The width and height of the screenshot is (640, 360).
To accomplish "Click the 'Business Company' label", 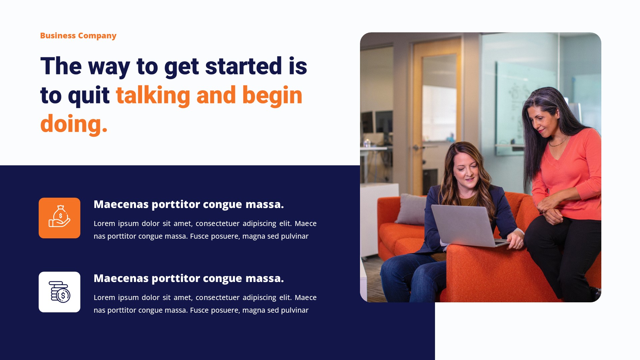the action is click(78, 36).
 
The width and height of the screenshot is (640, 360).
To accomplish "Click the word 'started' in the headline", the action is click(244, 66).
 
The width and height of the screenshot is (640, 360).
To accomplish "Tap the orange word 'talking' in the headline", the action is click(153, 95).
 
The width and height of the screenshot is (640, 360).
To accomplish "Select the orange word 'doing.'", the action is click(74, 124).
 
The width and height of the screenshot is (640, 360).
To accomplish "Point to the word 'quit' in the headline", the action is click(89, 96).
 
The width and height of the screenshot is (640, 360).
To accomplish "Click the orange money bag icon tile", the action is click(59, 218).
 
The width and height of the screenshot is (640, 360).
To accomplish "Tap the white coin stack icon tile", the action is click(59, 292).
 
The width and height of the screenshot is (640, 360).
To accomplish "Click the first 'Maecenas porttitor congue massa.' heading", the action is click(189, 204).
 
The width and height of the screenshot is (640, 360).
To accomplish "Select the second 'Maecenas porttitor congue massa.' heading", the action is click(189, 278).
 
